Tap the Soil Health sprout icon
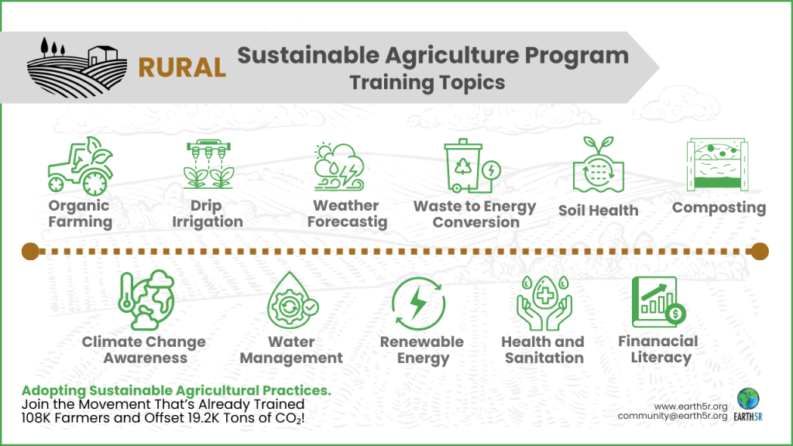(598, 168)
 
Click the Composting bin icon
(719, 165)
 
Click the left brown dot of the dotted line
(31, 250)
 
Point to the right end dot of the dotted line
(760, 250)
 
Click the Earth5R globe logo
(748, 400)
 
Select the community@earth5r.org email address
(672, 417)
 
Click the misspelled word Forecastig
(347, 222)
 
